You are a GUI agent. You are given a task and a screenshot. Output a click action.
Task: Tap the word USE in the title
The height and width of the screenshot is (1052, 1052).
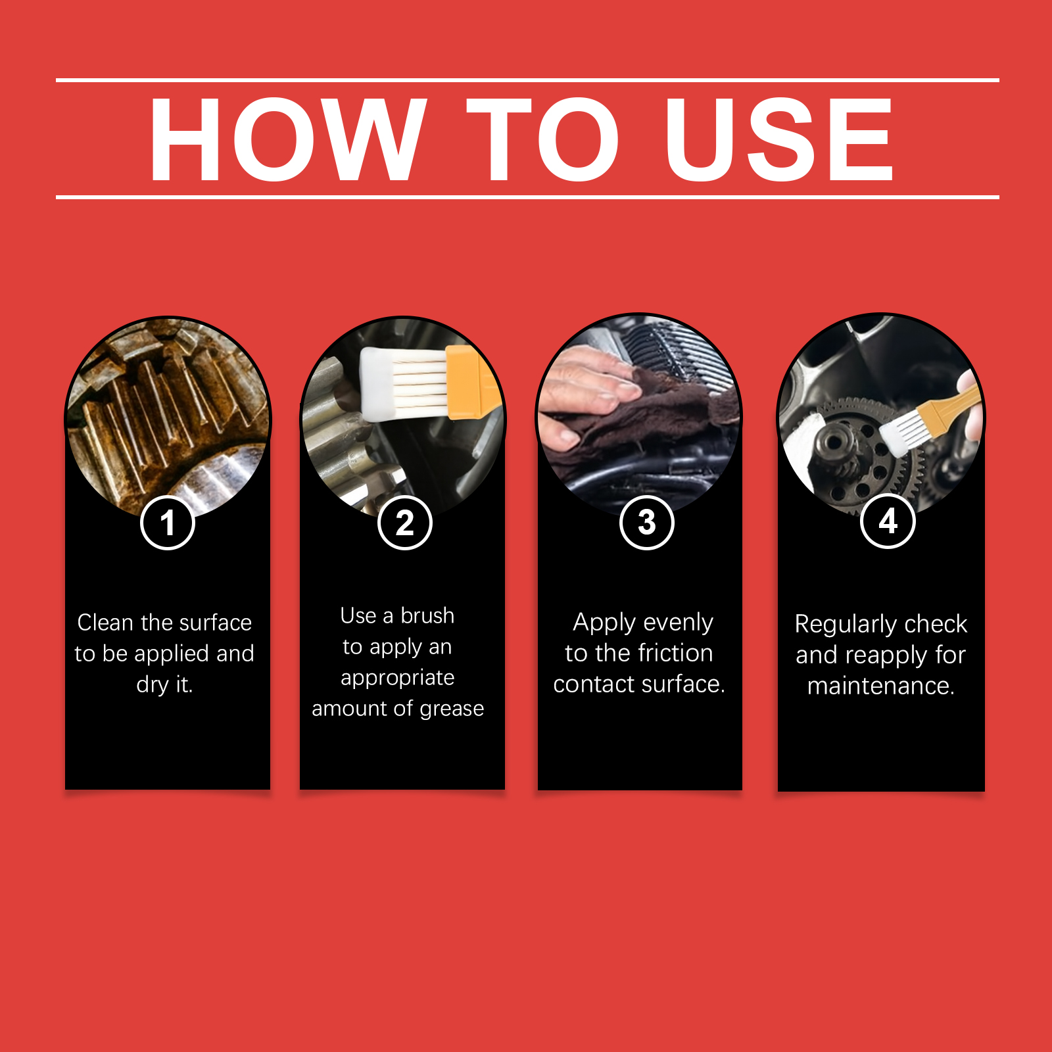click(779, 139)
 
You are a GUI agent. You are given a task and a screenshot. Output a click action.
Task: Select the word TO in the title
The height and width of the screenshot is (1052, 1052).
click(543, 139)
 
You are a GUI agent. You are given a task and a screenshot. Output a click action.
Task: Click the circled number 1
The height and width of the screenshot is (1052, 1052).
click(168, 523)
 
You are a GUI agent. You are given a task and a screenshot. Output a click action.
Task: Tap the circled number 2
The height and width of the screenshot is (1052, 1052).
click(405, 523)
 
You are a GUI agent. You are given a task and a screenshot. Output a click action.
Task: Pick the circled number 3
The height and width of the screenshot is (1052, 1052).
click(647, 522)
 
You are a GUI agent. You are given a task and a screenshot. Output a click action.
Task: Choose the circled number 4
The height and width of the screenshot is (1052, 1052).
click(888, 521)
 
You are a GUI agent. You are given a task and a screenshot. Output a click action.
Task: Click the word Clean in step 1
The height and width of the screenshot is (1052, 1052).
click(105, 622)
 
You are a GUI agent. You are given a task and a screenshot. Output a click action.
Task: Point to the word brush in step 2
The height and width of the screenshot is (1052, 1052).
click(427, 615)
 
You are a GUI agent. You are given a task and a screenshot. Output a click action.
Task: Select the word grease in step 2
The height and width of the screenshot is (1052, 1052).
click(452, 709)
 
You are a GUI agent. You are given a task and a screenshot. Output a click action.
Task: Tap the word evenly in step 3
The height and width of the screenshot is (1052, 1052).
click(678, 623)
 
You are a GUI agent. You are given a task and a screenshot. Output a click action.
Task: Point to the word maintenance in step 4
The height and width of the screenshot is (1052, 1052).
click(880, 686)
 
